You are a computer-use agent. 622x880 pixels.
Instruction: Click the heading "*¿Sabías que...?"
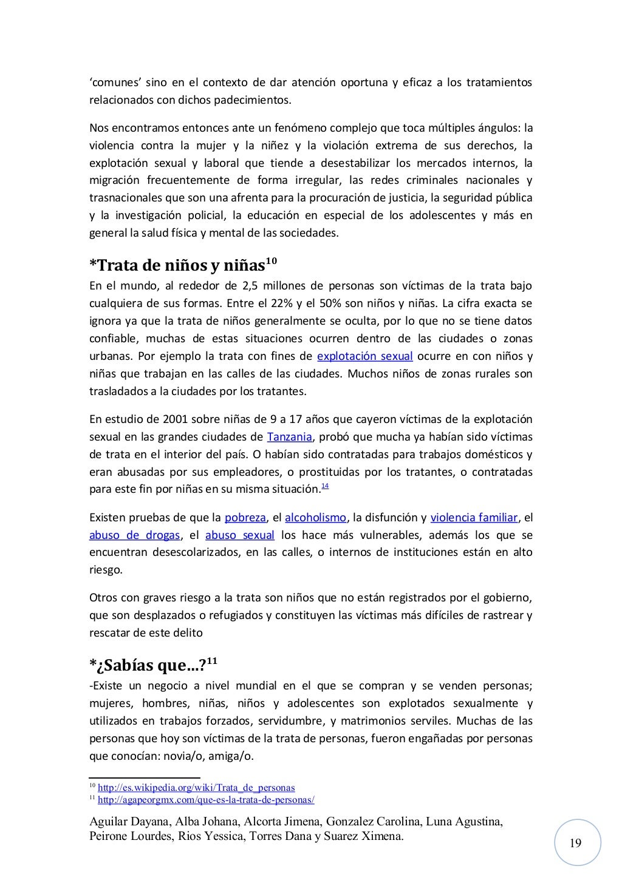point(148,666)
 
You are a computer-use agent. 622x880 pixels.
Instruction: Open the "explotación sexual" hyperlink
point(364,356)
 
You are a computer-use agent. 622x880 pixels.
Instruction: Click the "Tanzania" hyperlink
point(290,437)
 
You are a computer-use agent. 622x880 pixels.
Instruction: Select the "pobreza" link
point(245,518)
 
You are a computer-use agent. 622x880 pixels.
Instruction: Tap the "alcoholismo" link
point(315,518)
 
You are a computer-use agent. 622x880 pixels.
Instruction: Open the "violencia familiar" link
point(474,518)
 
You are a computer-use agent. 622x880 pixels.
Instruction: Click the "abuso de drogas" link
point(134,535)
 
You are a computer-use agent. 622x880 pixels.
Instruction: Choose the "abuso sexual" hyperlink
point(240,535)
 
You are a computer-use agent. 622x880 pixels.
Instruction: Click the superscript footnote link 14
point(324,487)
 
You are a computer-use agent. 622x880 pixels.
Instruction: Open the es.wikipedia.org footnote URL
point(196,788)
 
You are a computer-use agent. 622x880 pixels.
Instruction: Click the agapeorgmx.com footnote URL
point(206,800)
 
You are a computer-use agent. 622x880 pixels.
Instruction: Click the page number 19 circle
point(576,842)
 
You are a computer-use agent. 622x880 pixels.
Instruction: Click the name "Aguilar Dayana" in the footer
point(129,822)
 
